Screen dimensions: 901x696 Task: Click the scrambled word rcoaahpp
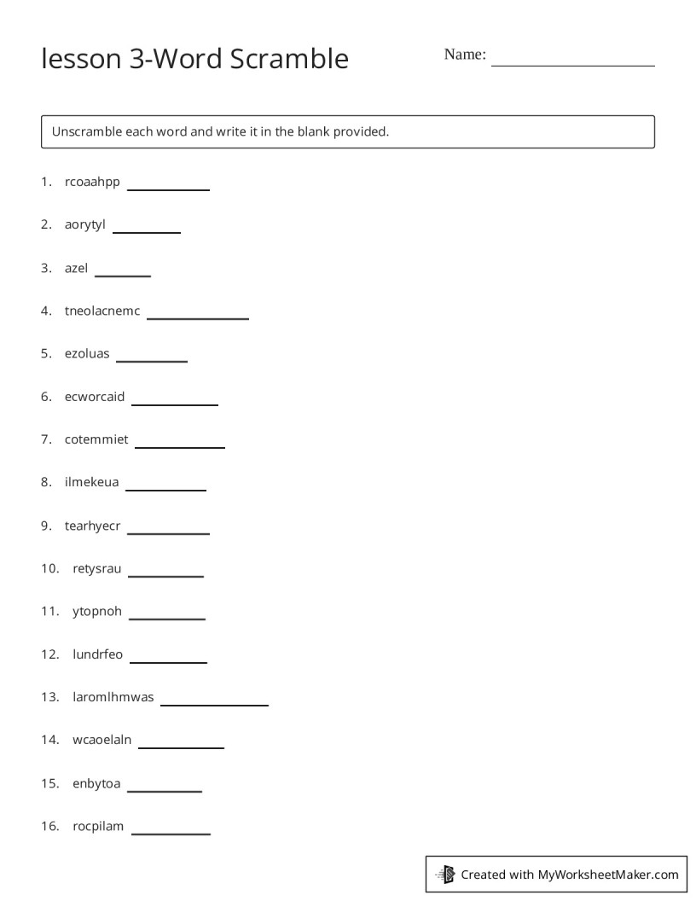pyautogui.click(x=92, y=182)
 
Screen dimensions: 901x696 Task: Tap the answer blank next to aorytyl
pyautogui.click(x=146, y=230)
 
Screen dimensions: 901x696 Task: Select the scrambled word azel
pyautogui.click(x=76, y=268)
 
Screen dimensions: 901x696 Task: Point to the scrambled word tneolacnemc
pyautogui.click(x=101, y=311)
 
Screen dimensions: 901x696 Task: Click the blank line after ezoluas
pyautogui.click(x=151, y=359)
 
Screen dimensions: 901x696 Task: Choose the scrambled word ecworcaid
pyautogui.click(x=94, y=397)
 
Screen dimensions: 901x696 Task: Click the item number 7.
pyautogui.click(x=46, y=439)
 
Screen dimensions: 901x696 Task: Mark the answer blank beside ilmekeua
pyautogui.click(x=165, y=488)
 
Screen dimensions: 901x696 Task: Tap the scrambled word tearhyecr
pyautogui.click(x=92, y=526)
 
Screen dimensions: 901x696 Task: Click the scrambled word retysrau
pyautogui.click(x=96, y=568)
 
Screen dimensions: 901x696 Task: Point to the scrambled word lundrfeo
pyautogui.click(x=97, y=654)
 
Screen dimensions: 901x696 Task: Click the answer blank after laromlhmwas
pyautogui.click(x=214, y=703)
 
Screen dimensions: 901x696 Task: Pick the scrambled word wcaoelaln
pyautogui.click(x=101, y=740)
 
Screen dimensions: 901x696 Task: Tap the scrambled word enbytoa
pyautogui.click(x=96, y=783)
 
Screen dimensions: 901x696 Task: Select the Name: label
pyautogui.click(x=464, y=55)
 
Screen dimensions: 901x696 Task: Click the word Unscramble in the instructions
pyautogui.click(x=86, y=132)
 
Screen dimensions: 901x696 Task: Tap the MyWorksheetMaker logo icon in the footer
pyautogui.click(x=445, y=874)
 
